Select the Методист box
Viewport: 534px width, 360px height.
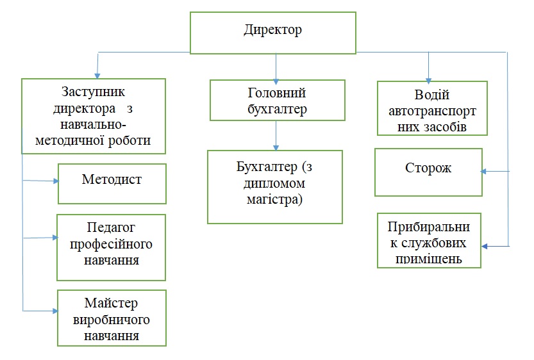pos(112,183)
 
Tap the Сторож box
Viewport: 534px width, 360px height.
pos(428,172)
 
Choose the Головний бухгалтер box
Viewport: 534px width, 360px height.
pos(277,99)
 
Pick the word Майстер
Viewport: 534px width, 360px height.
pos(111,302)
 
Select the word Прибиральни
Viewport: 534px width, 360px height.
pos(428,227)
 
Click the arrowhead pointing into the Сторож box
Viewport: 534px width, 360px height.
pos(485,171)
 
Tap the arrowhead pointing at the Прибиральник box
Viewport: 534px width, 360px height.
pos(485,246)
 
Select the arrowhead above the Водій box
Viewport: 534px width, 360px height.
pos(429,77)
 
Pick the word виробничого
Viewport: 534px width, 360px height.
pos(112,318)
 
